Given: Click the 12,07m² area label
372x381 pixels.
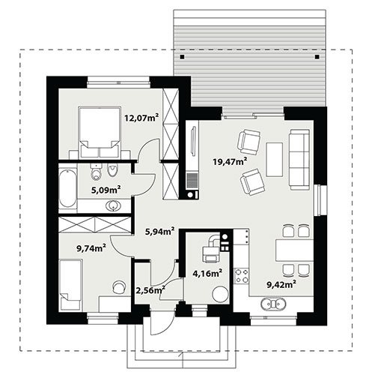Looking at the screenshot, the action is pyautogui.click(x=141, y=117).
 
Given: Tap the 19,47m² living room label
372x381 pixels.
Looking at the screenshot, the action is pyautogui.click(x=230, y=161).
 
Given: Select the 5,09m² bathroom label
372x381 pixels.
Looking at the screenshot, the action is pyautogui.click(x=106, y=190).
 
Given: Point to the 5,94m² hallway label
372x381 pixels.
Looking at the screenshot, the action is pyautogui.click(x=159, y=231).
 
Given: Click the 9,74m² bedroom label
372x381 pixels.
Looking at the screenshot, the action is pyautogui.click(x=91, y=248).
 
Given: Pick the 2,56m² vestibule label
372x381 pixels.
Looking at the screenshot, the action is pyautogui.click(x=150, y=290).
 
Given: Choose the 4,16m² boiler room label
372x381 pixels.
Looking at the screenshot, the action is pyautogui.click(x=207, y=273).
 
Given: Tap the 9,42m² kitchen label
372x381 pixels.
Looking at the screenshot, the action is pyautogui.click(x=281, y=283).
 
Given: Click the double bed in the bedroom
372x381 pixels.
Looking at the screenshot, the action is pyautogui.click(x=99, y=133).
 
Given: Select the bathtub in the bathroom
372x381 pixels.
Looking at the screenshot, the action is pyautogui.click(x=67, y=188).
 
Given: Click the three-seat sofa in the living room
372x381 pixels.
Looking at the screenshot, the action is pyautogui.click(x=299, y=160).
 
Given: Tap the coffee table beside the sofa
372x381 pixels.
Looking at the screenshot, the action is pyautogui.click(x=275, y=160).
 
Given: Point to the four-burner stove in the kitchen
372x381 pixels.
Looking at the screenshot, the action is pyautogui.click(x=242, y=276).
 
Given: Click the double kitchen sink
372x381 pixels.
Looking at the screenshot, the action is pyautogui.click(x=273, y=304).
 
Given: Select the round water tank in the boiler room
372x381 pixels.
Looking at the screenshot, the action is pyautogui.click(x=220, y=295).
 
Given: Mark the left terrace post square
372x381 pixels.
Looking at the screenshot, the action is pyautogui.click(x=183, y=57).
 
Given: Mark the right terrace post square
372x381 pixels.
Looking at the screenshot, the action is pyautogui.click(x=317, y=57).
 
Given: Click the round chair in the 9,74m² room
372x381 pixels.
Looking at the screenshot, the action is pyautogui.click(x=119, y=286).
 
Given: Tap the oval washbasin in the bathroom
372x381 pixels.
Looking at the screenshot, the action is pyautogui.click(x=114, y=206).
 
